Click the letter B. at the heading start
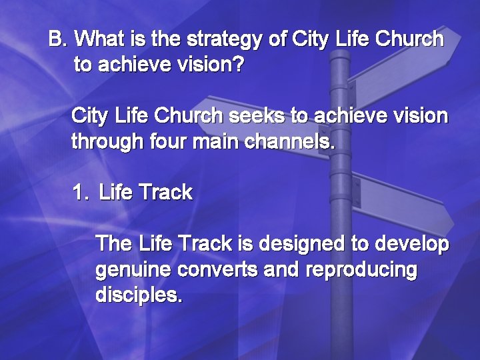59,39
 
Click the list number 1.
79,193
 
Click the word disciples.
138,295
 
